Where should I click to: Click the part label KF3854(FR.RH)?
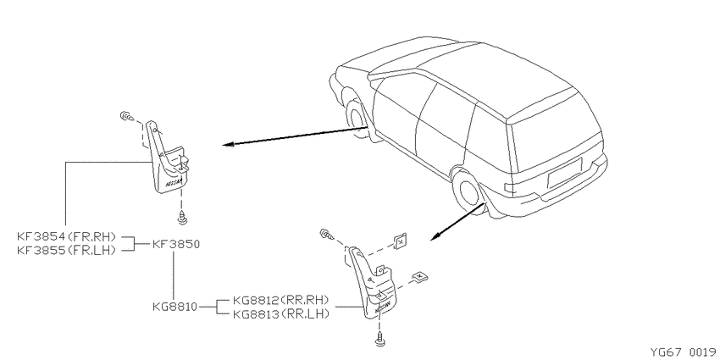click(66, 237)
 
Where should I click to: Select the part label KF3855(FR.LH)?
click(66, 250)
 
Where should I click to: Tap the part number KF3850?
click(176, 244)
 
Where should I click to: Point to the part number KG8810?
click(175, 307)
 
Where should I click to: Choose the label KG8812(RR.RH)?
click(281, 301)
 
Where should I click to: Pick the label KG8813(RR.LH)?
click(281, 314)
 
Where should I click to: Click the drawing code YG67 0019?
click(682, 352)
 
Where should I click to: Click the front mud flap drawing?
click(168, 158)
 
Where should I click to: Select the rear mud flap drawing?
click(372, 285)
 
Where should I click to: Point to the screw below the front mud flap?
click(183, 218)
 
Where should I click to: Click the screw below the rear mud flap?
click(380, 339)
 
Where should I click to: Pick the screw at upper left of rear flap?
click(325, 234)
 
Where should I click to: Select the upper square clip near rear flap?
click(401, 241)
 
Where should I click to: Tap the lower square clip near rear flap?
click(419, 277)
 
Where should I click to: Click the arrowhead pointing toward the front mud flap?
click(228, 145)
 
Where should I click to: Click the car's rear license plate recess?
click(564, 172)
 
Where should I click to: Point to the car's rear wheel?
click(468, 193)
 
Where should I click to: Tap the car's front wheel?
click(357, 119)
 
